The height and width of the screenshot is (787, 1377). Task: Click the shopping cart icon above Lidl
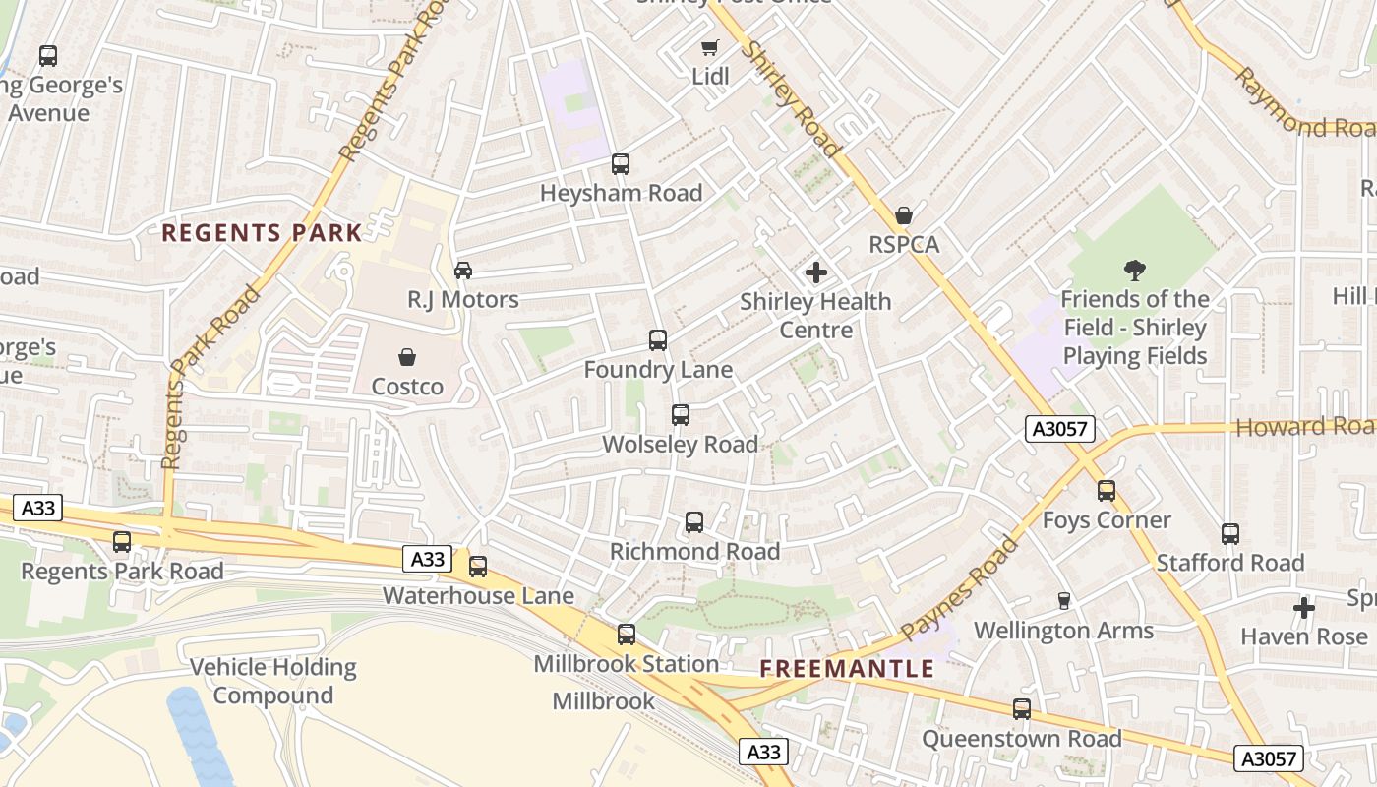[709, 47]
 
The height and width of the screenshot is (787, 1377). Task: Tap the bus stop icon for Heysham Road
[621, 164]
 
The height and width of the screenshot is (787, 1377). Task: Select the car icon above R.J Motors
[463, 271]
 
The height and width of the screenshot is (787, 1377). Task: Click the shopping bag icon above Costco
[407, 357]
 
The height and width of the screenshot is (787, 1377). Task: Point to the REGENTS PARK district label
[262, 233]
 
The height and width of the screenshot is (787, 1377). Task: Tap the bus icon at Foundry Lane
[658, 341]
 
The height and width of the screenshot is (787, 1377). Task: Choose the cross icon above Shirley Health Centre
[816, 272]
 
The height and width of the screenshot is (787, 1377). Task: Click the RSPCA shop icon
[904, 215]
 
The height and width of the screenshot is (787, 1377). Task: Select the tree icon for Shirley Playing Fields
[1135, 271]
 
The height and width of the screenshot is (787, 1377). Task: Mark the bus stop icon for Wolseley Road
[681, 415]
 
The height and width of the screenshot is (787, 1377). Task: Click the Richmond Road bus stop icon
[694, 522]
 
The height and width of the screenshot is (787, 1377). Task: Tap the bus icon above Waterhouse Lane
[478, 567]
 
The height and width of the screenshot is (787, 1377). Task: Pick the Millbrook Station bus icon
[627, 635]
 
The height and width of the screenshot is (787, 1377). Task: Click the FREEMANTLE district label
[847, 669]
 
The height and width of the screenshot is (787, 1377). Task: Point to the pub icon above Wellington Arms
[1063, 601]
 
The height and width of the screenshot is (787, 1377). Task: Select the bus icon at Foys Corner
[1107, 491]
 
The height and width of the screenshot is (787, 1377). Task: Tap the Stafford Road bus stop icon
[1230, 534]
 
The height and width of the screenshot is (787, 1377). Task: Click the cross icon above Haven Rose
[1304, 608]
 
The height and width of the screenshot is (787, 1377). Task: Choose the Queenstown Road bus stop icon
[1022, 709]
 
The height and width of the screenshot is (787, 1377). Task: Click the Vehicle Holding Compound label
[273, 681]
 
